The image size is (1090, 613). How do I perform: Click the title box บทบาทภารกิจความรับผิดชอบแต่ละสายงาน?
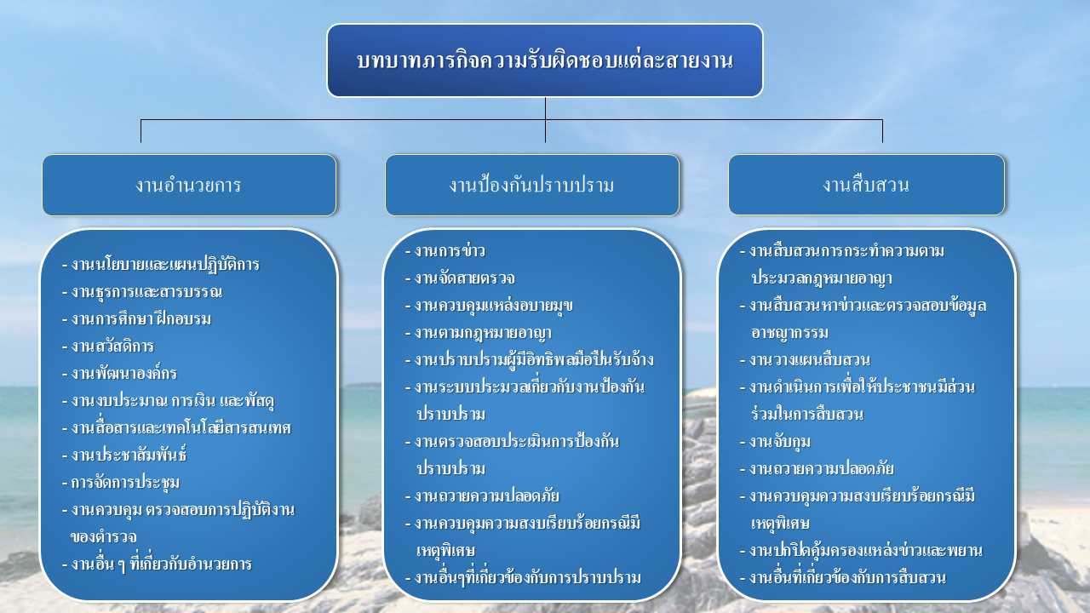click(544, 60)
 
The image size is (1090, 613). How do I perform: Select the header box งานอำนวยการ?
click(189, 185)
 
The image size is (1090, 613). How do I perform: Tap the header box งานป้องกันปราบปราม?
click(532, 185)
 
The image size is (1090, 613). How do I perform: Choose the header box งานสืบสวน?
click(866, 185)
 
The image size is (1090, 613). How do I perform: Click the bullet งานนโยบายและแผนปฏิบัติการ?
click(161, 265)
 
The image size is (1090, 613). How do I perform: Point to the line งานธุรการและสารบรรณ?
click(142, 292)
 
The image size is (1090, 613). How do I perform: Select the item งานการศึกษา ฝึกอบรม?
click(137, 319)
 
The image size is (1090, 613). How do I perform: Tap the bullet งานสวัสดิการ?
click(108, 347)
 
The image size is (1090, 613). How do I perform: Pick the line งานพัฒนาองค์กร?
click(120, 374)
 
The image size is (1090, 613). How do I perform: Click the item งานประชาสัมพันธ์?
click(124, 455)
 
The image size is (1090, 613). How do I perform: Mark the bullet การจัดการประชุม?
click(121, 483)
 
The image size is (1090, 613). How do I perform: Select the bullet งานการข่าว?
click(445, 251)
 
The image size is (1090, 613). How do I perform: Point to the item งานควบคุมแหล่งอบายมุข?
click(489, 306)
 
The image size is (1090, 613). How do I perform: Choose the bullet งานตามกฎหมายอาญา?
click(479, 333)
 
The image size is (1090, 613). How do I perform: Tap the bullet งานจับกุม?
click(775, 442)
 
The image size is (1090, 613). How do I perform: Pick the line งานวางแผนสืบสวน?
click(805, 360)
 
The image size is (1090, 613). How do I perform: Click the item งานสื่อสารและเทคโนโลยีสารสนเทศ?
click(176, 428)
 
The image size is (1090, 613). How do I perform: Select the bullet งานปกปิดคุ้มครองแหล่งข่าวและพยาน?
click(861, 551)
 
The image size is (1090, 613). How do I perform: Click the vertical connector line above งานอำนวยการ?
click(141, 131)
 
